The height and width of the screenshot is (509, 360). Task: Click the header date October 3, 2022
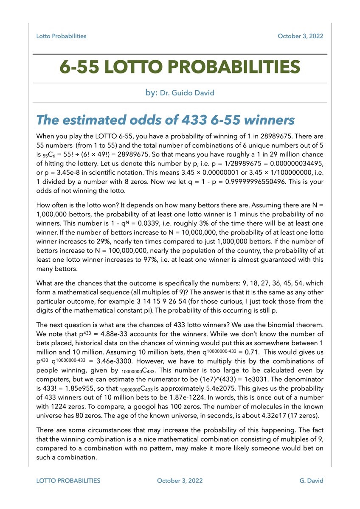pyautogui.click(x=300, y=36)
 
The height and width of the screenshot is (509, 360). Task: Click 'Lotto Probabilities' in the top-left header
pyautogui.click(x=61, y=36)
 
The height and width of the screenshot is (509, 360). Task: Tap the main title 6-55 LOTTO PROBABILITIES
pyautogui.click(x=180, y=67)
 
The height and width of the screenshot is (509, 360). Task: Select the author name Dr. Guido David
pyautogui.click(x=187, y=92)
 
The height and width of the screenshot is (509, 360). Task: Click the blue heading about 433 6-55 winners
pyautogui.click(x=166, y=120)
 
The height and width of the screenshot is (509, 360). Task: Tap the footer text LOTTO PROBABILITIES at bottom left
pyautogui.click(x=68, y=481)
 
